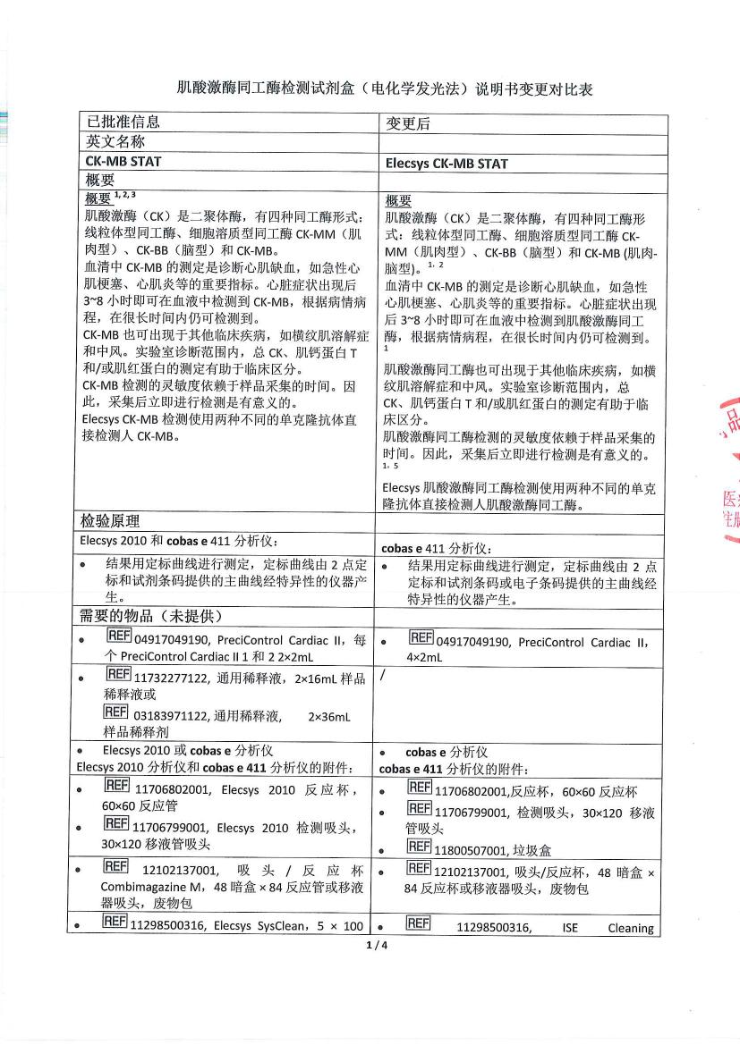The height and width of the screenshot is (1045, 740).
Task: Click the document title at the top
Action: coord(385,89)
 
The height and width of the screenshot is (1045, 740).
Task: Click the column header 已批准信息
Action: coord(123,123)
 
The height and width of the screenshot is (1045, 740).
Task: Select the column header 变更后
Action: coord(408,124)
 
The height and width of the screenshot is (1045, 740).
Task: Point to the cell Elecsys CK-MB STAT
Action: coord(447,164)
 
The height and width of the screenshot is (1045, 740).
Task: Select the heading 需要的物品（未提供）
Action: coord(149,617)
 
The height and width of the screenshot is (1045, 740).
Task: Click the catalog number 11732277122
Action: coord(171,678)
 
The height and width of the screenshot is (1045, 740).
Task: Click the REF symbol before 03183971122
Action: coord(115,712)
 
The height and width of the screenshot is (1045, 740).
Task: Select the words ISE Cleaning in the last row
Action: coord(608,928)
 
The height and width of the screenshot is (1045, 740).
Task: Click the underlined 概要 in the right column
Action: coord(398,201)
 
